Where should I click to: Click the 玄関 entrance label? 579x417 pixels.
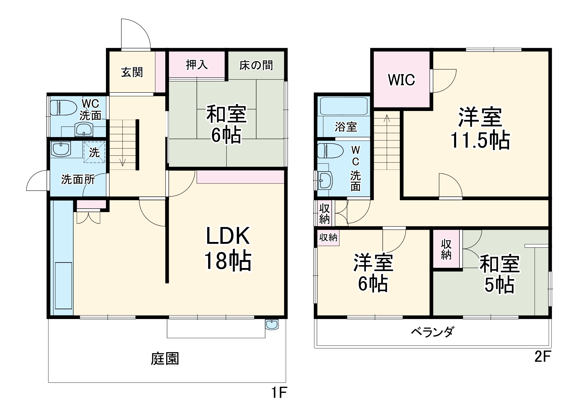click(132, 72)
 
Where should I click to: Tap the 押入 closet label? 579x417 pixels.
click(197, 65)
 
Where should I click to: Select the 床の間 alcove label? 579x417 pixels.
click(256, 65)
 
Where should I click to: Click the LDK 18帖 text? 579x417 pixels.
click(228, 248)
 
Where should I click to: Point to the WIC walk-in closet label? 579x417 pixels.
click(402, 80)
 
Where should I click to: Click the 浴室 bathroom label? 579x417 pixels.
click(346, 127)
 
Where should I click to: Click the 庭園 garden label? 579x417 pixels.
click(165, 359)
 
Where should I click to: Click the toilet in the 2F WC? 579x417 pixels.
click(330, 151)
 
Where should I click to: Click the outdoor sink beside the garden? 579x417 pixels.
click(272, 325)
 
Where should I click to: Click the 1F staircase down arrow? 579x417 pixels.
click(122, 162)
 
